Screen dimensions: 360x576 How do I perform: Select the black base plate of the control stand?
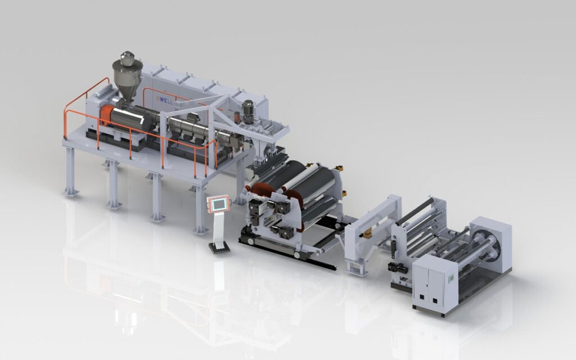219,246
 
